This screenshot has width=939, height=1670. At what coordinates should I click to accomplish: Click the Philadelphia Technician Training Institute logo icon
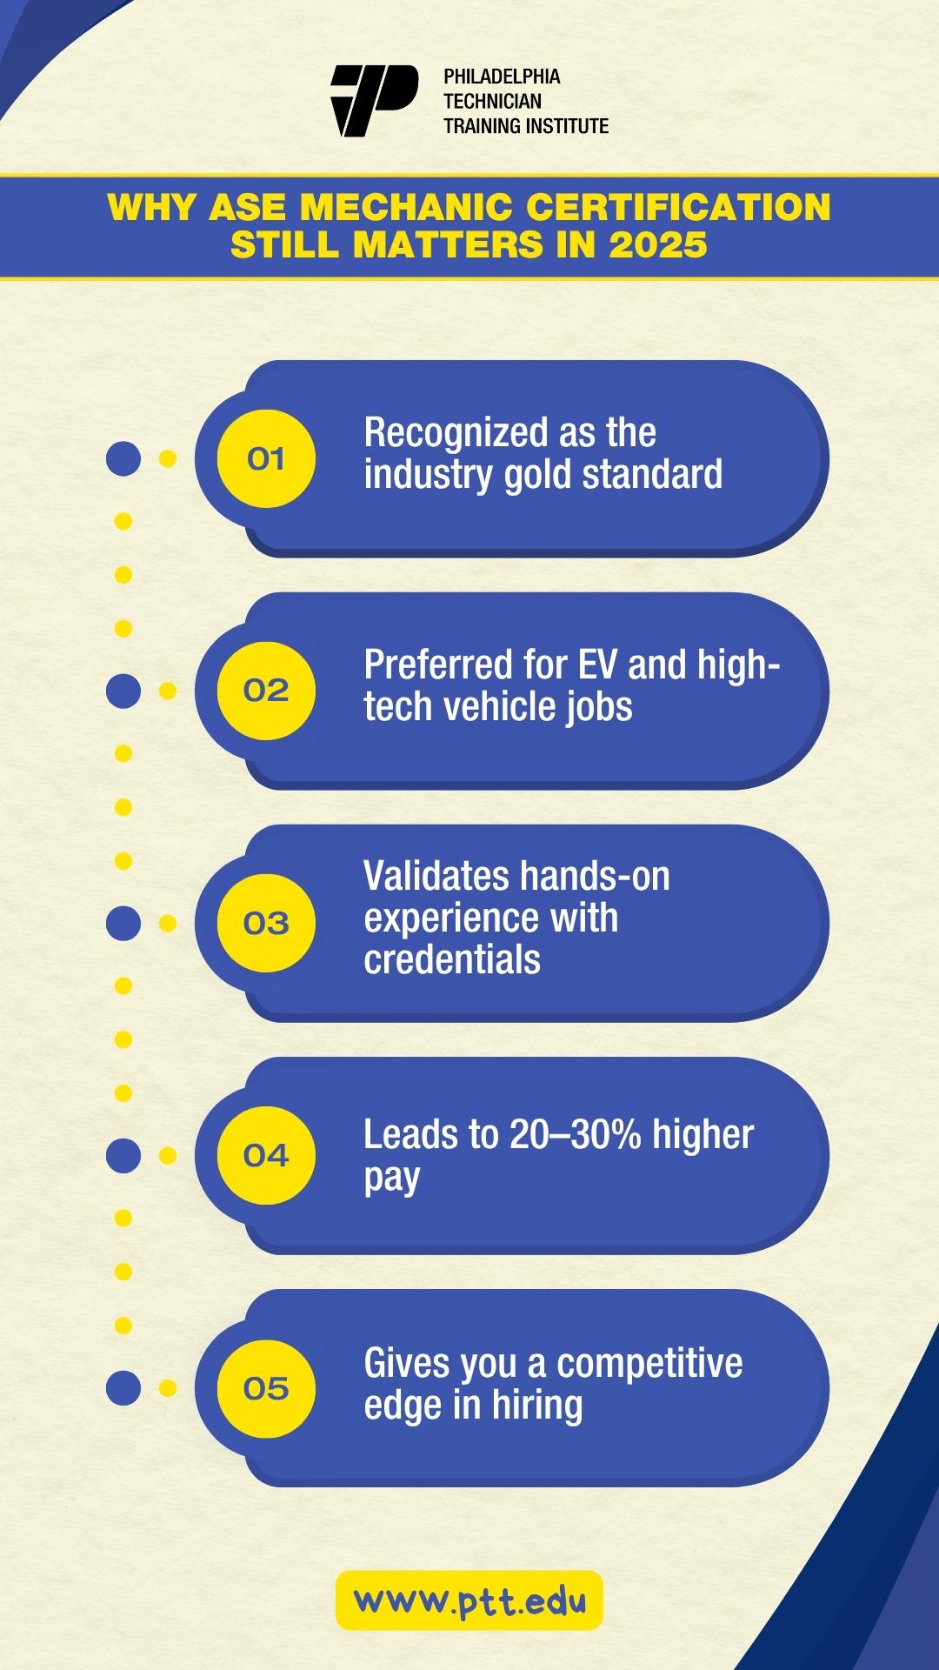click(374, 101)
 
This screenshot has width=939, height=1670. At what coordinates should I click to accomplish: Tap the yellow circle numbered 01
click(266, 458)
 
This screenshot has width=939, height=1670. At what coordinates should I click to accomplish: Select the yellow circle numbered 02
click(266, 691)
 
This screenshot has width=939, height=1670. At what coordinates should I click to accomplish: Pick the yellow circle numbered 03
click(266, 923)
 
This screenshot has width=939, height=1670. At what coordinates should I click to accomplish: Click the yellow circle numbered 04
click(266, 1155)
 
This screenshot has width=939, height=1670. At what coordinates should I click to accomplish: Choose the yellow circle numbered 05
click(266, 1387)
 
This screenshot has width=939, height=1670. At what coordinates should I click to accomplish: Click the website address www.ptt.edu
click(469, 1600)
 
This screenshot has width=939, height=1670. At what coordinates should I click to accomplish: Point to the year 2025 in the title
click(658, 244)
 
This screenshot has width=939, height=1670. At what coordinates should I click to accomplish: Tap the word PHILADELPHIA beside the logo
click(502, 77)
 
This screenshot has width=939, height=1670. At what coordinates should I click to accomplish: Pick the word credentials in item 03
click(452, 960)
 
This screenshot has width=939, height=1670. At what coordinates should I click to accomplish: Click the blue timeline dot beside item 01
click(123, 458)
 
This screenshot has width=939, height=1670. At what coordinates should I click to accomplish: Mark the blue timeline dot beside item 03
click(123, 923)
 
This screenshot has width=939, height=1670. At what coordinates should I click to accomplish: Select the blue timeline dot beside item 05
click(123, 1387)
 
